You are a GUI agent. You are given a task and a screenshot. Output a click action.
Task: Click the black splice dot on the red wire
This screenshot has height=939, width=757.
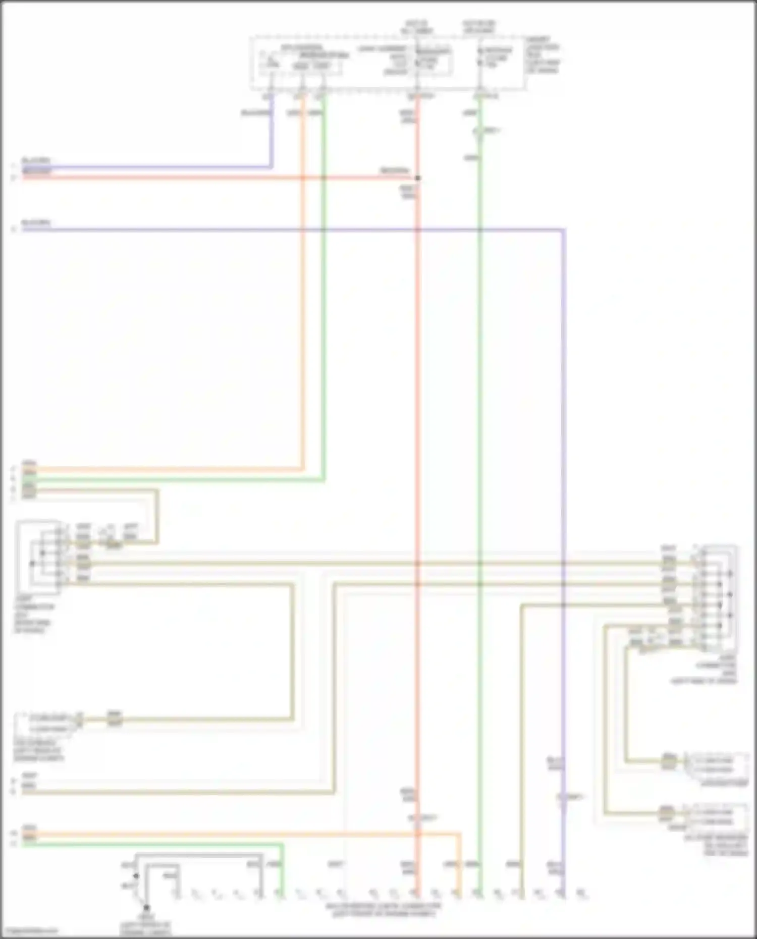(417, 178)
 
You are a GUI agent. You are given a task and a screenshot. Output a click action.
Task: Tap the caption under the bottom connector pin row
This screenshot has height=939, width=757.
(383, 910)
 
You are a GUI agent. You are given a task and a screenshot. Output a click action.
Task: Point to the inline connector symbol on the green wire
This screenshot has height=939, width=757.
(479, 132)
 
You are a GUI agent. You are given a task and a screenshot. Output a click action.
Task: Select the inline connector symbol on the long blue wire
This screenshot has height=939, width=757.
(563, 798)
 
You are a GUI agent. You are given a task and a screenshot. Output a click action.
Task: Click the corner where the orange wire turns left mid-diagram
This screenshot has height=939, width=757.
(303, 470)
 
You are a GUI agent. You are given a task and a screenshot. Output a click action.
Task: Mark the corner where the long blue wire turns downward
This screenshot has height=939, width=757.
(563, 230)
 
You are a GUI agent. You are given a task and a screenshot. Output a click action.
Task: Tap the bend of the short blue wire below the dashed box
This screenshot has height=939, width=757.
(272, 166)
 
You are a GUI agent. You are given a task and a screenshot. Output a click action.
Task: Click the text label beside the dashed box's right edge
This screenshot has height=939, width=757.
(543, 54)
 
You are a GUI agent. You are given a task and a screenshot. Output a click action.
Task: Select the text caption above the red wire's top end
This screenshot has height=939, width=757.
(416, 27)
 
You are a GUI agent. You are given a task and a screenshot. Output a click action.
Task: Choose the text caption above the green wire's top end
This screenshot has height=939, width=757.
(479, 27)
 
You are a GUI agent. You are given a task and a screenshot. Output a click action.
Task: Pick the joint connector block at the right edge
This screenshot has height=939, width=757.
(719, 598)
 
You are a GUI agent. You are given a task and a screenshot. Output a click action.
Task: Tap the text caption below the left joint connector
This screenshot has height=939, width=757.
(33, 615)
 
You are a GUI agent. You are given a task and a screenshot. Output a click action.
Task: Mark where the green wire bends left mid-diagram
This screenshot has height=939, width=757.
(323, 480)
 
